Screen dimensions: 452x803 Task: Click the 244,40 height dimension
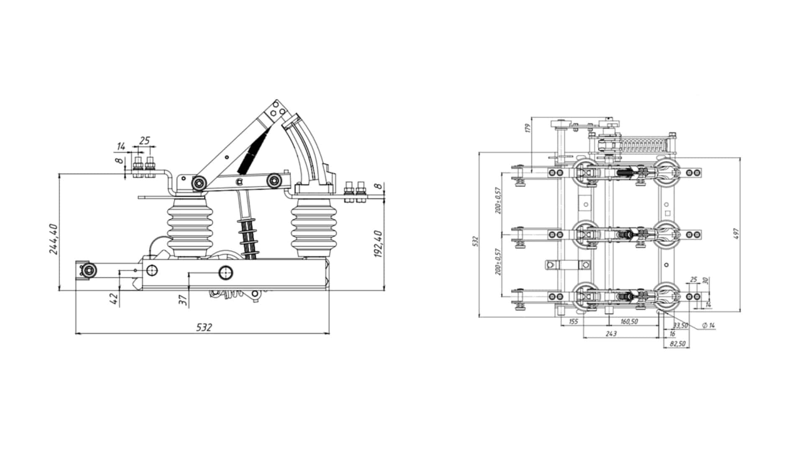(x=54, y=239)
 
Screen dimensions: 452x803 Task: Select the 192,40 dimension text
(x=378, y=244)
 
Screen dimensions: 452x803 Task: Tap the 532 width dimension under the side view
(x=204, y=327)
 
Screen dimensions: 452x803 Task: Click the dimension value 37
(x=183, y=300)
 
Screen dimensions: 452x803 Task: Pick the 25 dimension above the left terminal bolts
(x=144, y=141)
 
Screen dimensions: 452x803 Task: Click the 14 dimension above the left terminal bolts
(x=121, y=146)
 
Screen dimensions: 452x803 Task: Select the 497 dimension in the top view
(x=737, y=234)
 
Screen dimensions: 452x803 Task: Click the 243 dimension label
(x=611, y=334)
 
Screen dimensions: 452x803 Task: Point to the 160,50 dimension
(x=629, y=321)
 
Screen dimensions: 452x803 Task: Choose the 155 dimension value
(x=573, y=321)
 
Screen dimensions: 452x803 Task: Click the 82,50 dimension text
(x=678, y=344)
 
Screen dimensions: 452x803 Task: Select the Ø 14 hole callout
(x=708, y=325)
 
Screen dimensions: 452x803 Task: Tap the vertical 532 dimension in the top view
(x=475, y=241)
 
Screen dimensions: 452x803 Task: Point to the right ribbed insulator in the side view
(x=309, y=228)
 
